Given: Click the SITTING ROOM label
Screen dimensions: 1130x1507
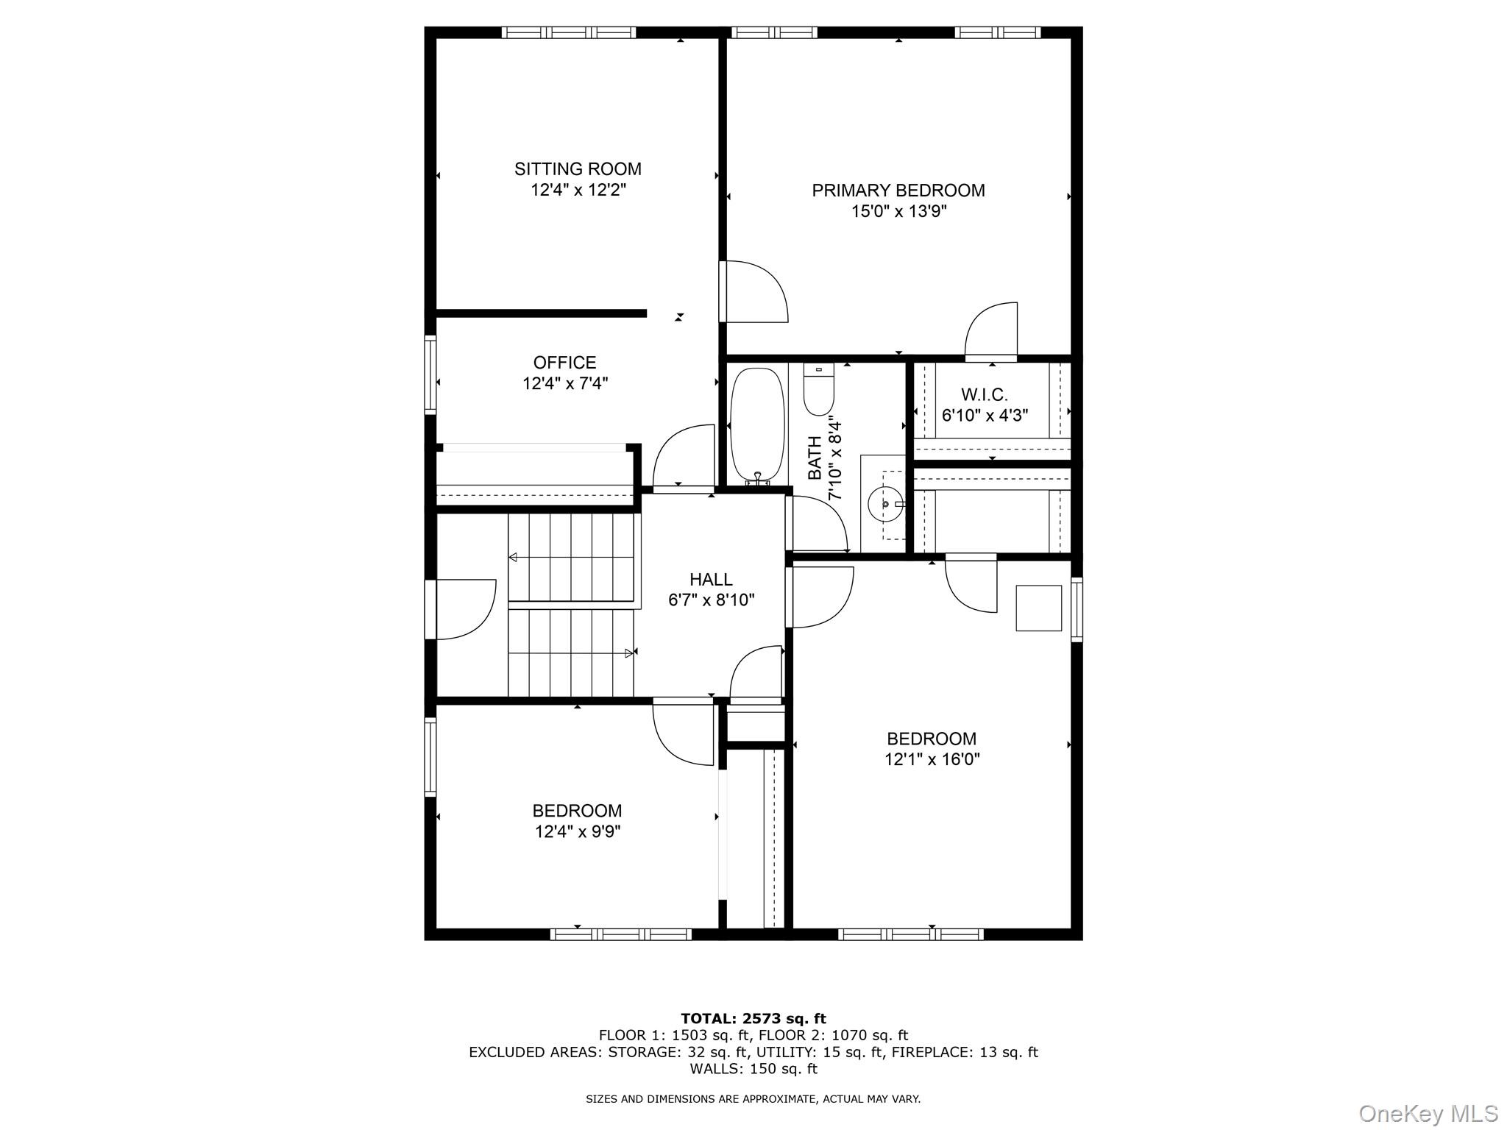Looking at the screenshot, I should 578,169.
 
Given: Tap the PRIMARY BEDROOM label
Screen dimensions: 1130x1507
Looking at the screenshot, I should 898,191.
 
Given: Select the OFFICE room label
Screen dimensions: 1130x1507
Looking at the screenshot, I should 564,363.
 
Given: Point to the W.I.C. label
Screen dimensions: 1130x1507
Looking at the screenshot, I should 984,394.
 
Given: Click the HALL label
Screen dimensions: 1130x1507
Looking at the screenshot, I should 711,580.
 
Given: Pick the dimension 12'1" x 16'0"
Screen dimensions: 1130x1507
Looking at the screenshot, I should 932,759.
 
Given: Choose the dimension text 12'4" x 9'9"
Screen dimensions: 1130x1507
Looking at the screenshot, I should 578,832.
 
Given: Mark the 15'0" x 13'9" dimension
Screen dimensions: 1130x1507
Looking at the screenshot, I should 898,212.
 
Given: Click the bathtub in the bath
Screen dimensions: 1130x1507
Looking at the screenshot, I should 757,424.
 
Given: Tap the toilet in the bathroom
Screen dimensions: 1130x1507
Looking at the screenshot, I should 818,390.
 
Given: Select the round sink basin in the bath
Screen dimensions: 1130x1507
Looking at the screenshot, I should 884,505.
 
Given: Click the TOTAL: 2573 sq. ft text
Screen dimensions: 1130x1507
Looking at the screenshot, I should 753,1019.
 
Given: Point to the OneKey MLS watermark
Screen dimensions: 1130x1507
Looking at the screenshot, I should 1428,1113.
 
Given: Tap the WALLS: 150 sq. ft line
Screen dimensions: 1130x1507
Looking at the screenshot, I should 753,1069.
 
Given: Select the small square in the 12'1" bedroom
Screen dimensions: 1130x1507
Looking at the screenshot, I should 1038,608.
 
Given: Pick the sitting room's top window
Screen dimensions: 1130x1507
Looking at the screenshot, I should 569,32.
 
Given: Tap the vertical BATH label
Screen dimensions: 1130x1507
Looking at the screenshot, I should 815,458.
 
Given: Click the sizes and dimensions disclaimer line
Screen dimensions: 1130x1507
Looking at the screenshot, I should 753,1099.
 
